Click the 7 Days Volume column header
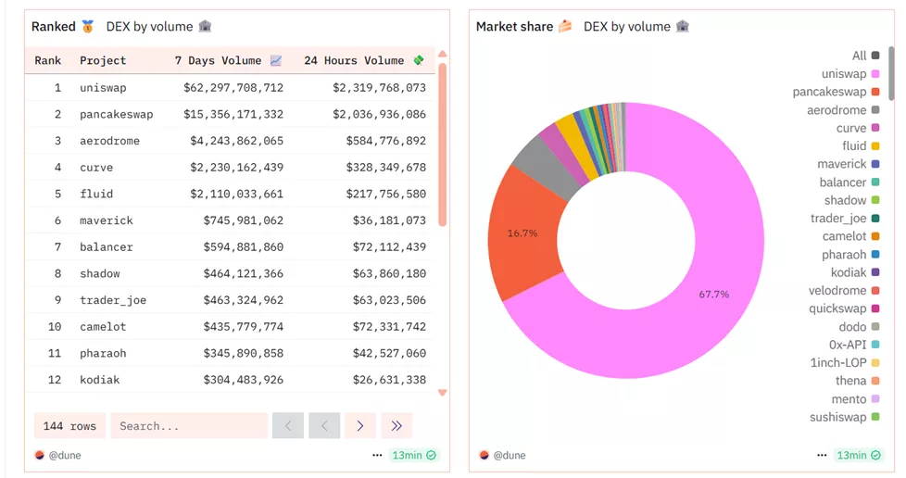[219, 61]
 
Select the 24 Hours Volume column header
[354, 61]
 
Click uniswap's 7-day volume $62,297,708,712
[233, 88]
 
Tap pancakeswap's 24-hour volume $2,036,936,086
[378, 115]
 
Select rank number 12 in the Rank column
[55, 380]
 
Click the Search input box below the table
[189, 426]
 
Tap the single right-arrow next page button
[360, 426]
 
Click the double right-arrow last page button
[396, 426]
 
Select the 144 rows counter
[69, 426]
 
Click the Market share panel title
[514, 27]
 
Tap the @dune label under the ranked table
[64, 455]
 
